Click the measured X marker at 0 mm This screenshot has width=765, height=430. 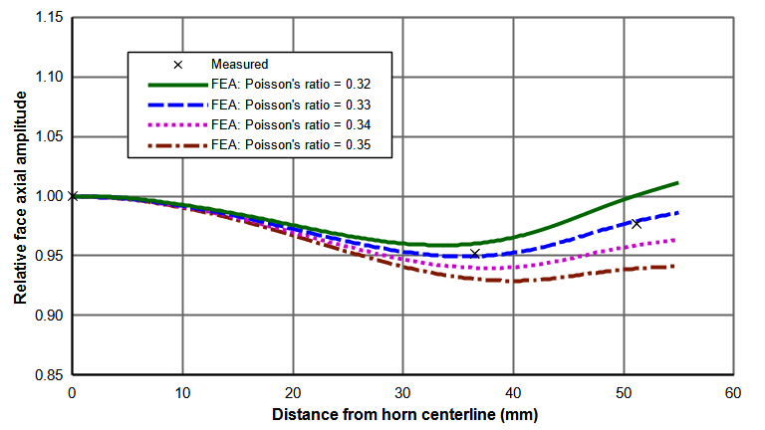pyautogui.click(x=73, y=196)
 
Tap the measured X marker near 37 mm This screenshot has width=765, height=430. pyautogui.click(x=475, y=254)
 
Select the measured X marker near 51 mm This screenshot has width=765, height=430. pyautogui.click(x=637, y=223)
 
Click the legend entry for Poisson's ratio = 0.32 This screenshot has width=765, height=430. pyautogui.click(x=300, y=85)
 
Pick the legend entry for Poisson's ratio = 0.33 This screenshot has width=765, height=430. pyautogui.click(x=300, y=105)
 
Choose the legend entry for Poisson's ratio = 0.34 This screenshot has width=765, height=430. pyautogui.click(x=300, y=125)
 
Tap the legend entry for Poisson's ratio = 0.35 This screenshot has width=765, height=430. pyautogui.click(x=300, y=146)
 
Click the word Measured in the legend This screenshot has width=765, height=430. pyautogui.click(x=238, y=65)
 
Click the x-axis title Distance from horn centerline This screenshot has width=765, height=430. pyautogui.click(x=402, y=412)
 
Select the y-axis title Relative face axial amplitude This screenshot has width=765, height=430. pyautogui.click(x=19, y=196)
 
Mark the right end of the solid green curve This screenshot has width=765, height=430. pyautogui.click(x=678, y=182)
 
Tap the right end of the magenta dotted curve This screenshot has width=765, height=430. pyautogui.click(x=677, y=239)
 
